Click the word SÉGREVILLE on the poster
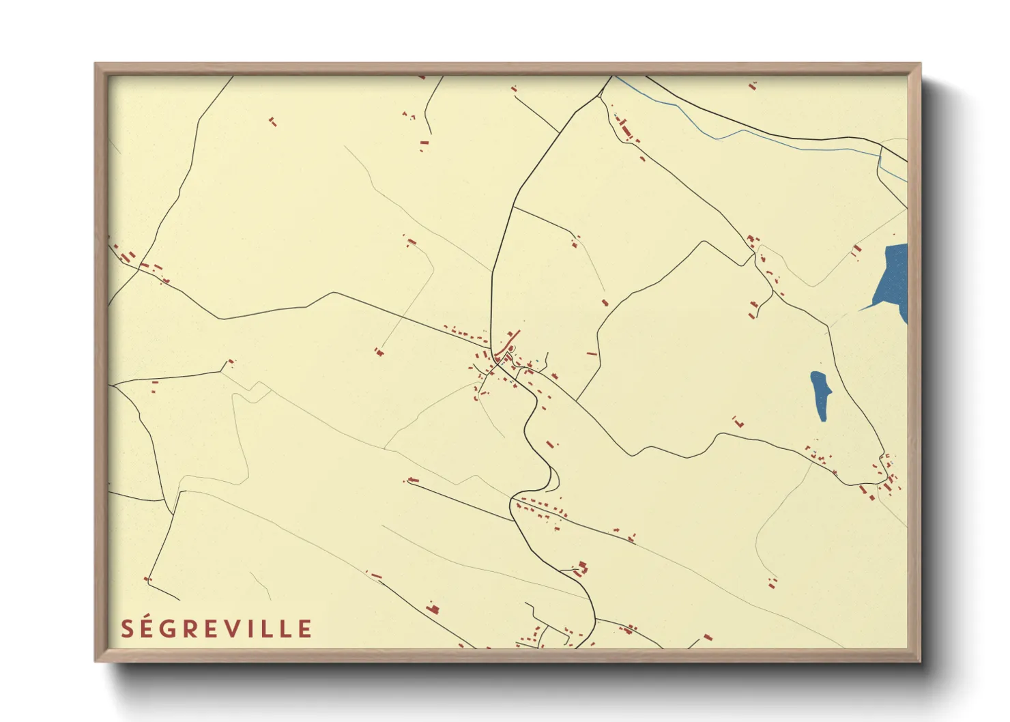pos(216,629)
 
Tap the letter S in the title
pos(127,629)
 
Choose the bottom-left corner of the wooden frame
pos(96,660)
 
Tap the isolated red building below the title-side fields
pos(432,608)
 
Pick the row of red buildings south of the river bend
pos(542,508)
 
